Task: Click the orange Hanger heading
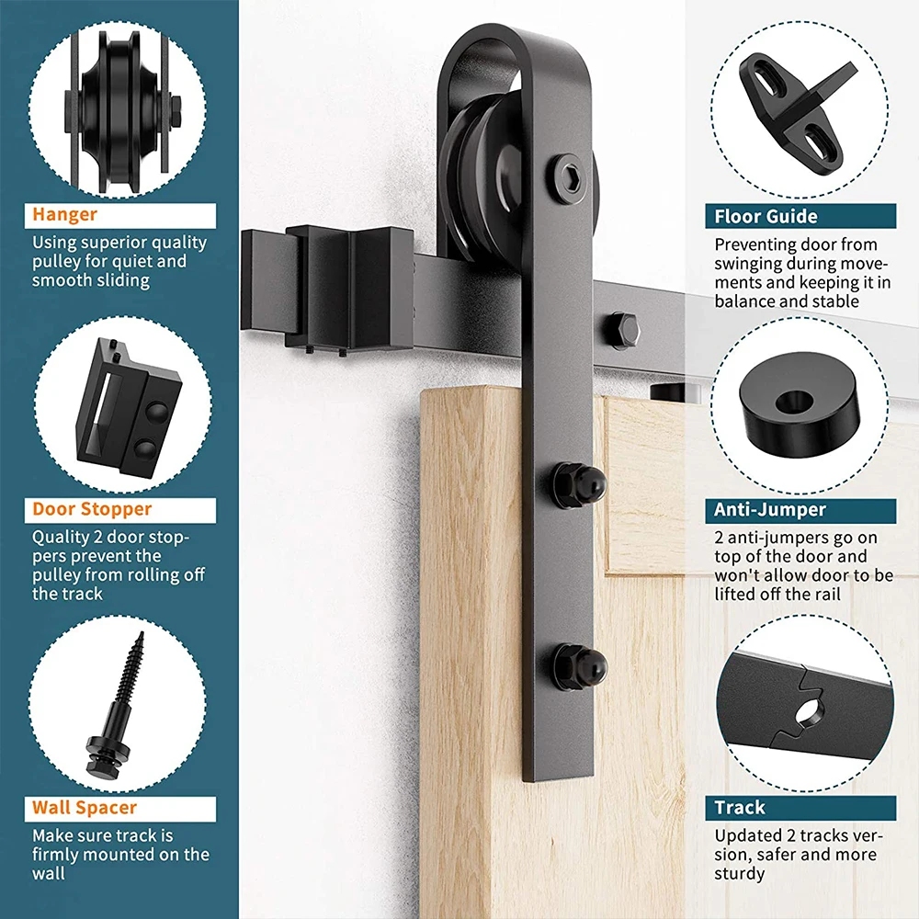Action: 65,215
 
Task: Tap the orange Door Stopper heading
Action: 92,508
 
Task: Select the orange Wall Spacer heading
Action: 85,808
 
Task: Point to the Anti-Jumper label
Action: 771,509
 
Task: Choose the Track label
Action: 740,808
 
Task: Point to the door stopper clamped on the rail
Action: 349,287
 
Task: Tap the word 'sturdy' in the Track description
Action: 740,873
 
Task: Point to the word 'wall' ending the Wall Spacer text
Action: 49,873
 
